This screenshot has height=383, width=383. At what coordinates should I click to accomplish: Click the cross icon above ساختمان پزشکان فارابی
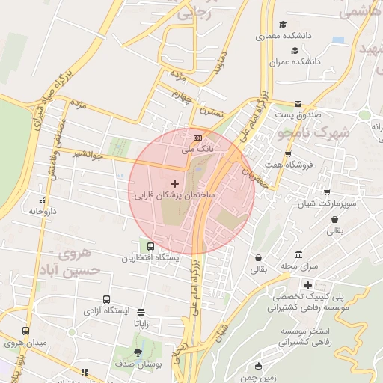[x=175, y=183]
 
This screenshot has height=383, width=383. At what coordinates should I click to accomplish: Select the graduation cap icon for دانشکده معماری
[x=282, y=25]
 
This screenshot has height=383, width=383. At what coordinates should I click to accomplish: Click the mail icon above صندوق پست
[x=298, y=104]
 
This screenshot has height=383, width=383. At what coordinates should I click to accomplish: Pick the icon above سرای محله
[x=299, y=254]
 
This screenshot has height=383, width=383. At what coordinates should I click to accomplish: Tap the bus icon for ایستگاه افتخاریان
[x=151, y=246]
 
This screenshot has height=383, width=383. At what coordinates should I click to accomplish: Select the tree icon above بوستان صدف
[x=138, y=352]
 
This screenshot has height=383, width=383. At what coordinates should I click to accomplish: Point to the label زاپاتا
[x=146, y=324]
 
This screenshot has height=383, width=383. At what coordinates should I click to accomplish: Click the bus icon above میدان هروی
[x=26, y=331]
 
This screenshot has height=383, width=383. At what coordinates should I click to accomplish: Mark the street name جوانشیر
[x=88, y=154]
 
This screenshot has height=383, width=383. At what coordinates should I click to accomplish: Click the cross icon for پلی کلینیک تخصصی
[x=307, y=285]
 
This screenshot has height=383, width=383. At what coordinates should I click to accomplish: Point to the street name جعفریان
[x=256, y=176]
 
